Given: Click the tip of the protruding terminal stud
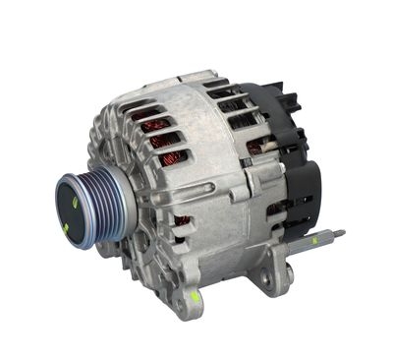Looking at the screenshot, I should tap(341, 234).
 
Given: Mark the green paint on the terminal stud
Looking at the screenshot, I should tap(316, 240).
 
